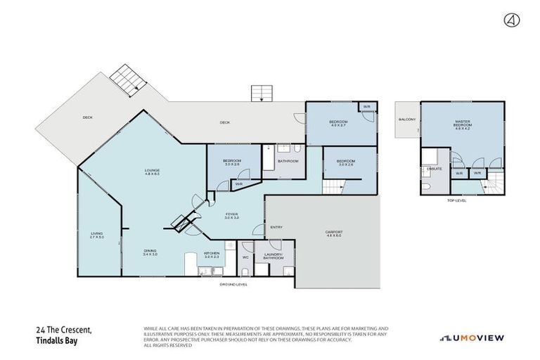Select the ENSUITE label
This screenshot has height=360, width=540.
coord(434,169)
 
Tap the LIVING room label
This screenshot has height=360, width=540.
coord(96,236)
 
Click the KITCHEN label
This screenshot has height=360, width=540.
coord(212,255)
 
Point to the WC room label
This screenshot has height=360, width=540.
coord(245,257)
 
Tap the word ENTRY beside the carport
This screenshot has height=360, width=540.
coord(276,227)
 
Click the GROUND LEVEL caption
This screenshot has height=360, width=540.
coord(233,285)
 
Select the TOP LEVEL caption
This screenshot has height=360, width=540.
coord(456,200)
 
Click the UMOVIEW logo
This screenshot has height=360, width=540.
coord(472,338)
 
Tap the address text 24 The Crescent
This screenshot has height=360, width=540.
coord(67,330)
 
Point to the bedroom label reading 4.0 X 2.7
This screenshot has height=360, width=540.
coord(339,124)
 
